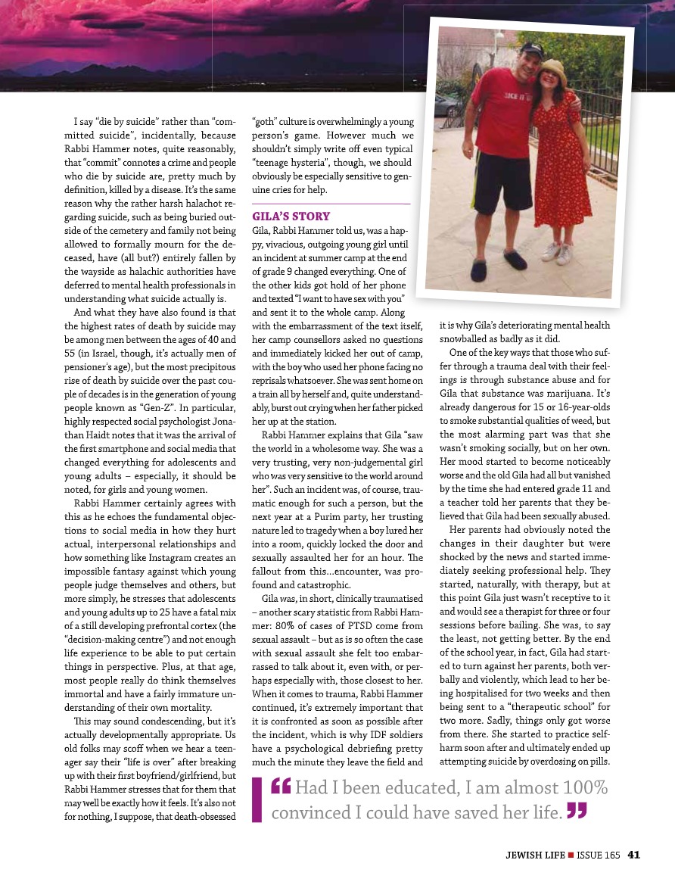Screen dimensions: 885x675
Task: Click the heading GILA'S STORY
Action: (291, 216)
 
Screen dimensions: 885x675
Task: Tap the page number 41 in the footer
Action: (634, 855)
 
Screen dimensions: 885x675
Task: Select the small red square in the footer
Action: (571, 855)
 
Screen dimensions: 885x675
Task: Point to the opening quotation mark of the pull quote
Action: (282, 789)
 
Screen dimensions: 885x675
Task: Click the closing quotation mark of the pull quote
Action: (577, 812)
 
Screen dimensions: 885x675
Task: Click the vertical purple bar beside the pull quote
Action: (257, 801)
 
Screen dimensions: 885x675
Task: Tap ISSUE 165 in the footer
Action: (599, 855)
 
